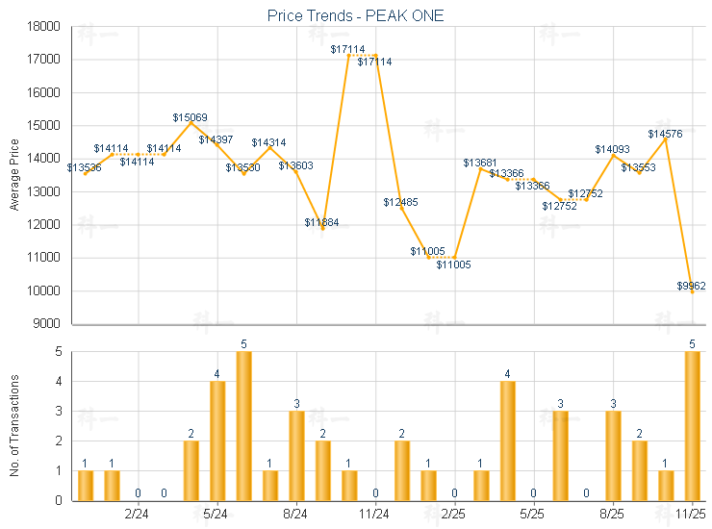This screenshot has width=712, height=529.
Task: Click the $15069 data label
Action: click(190, 117)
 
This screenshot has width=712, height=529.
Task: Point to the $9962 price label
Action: click(691, 286)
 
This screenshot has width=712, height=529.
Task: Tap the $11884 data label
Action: click(321, 223)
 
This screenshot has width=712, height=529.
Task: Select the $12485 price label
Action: click(400, 202)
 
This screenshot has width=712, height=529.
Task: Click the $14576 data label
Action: click(665, 134)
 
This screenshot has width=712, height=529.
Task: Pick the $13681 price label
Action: click(480, 163)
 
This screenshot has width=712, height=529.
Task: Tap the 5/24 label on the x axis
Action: click(217, 515)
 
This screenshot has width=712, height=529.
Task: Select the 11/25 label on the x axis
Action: click(692, 515)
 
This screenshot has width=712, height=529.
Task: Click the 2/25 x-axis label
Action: click(454, 515)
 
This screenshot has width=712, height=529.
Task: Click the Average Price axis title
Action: click(13, 174)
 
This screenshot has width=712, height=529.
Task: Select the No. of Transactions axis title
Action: click(13, 424)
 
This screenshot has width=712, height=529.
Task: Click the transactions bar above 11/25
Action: click(692, 426)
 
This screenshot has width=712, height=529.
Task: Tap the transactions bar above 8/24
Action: click(296, 456)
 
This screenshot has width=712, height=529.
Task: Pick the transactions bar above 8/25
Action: click(613, 456)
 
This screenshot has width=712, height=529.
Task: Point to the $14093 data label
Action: click(612, 149)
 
